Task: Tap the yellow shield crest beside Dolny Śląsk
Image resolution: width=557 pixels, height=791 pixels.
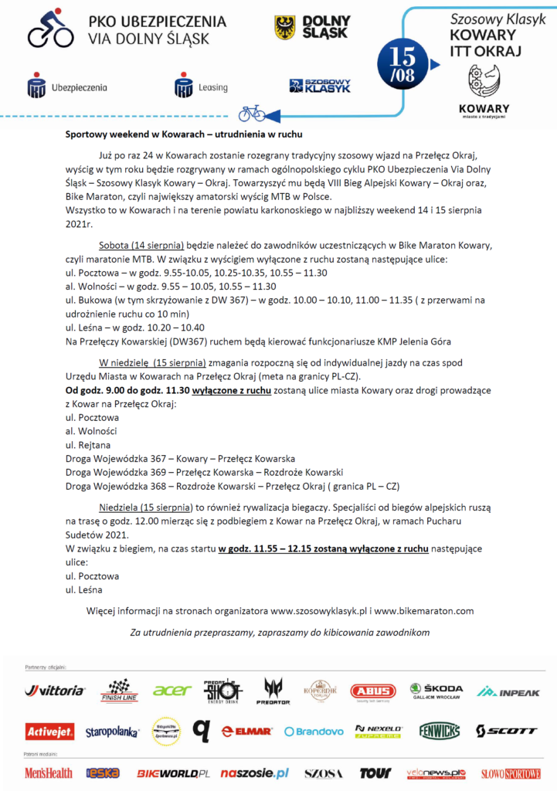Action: (x=284, y=28)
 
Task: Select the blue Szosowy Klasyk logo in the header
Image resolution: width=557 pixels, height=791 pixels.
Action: (x=319, y=86)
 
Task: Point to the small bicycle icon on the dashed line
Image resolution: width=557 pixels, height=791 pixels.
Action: (x=251, y=114)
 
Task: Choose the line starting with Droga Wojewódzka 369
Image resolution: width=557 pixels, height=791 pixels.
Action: (x=205, y=472)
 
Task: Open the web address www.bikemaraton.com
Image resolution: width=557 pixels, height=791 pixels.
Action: (x=423, y=611)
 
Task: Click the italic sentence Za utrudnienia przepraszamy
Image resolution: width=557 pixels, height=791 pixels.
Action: (x=279, y=633)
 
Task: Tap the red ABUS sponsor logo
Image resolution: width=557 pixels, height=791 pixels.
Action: (x=372, y=691)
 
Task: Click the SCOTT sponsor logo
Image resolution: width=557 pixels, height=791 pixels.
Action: (x=506, y=731)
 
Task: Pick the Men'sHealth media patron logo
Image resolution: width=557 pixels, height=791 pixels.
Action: (x=49, y=772)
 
